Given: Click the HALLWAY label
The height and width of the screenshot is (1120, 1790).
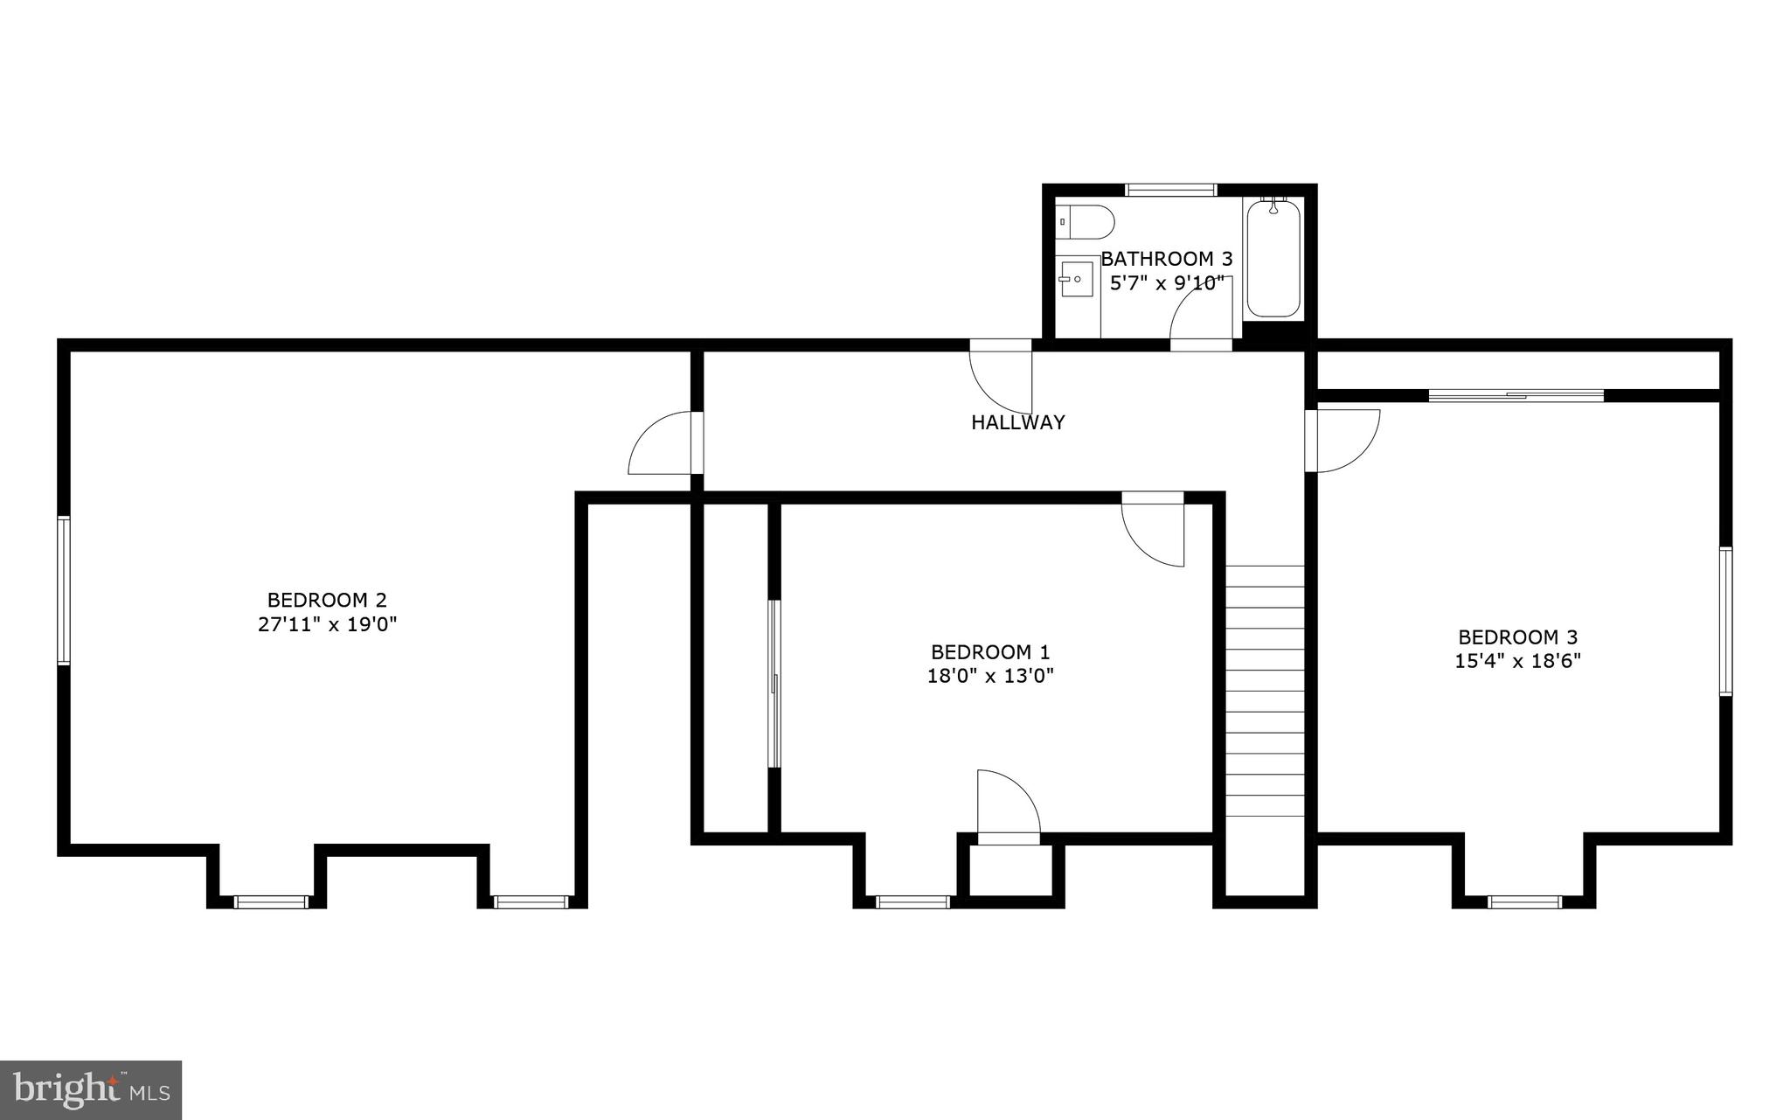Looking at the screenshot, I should pos(1017,422).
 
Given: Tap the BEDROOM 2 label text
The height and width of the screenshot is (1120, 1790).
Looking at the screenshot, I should pos(327,601).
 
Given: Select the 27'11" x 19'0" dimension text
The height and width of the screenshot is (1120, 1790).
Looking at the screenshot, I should pos(327,625).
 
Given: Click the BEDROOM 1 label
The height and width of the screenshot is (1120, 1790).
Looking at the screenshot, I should pos(990,652).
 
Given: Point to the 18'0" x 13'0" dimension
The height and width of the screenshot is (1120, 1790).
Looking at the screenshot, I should pos(990,676).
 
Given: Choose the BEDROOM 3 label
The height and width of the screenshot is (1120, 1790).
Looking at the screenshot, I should pos(1517,637).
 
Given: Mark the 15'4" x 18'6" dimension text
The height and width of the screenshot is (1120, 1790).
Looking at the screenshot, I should pos(1517,661).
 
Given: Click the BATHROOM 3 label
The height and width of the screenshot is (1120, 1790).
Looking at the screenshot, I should pos(1166,259).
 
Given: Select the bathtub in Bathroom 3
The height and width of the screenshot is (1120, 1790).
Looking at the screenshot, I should pos(1273,258).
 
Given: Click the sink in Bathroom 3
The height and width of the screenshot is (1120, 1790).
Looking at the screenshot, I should pos(1077,279).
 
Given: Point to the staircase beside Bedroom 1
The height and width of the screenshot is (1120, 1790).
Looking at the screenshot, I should pos(1265,691).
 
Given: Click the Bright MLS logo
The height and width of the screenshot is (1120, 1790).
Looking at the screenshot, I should pos(91,1089).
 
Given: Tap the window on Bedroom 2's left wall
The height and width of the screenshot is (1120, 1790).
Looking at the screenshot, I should pos(63,590).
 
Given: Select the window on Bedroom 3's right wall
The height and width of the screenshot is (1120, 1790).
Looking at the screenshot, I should pos(1725,621).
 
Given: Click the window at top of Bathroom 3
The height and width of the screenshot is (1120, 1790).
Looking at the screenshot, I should pos(1170,189).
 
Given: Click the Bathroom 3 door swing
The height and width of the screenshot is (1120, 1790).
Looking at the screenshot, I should pos(1201,317).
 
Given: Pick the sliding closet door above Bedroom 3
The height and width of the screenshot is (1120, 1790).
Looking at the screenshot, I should pos(1516,395).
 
